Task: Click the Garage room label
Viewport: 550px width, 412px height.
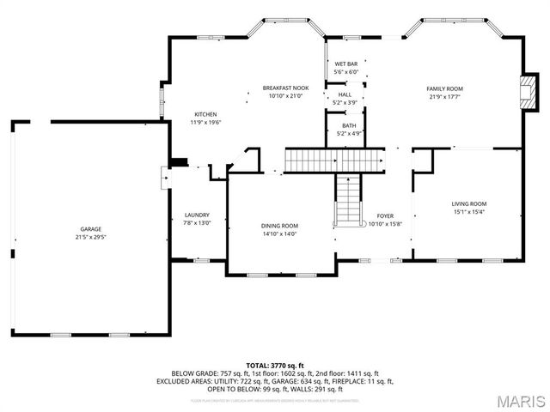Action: pos(91,229)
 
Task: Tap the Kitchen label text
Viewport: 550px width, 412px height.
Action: pos(205,114)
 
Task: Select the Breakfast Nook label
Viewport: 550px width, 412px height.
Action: pos(285,88)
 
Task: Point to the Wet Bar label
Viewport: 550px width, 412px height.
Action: pos(345,64)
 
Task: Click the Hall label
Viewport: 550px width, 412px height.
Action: pos(345,94)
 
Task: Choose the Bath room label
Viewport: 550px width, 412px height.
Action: pos(348,125)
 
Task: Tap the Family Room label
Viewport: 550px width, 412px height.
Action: pos(445,88)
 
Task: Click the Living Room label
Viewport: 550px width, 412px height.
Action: pos(469,203)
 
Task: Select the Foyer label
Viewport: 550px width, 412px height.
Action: pos(384,215)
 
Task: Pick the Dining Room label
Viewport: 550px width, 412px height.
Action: pos(279,226)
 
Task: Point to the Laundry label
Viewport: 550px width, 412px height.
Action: pos(197,215)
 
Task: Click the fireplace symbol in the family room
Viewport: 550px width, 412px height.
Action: pos(530,90)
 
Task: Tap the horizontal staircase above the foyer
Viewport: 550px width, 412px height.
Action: pos(334,159)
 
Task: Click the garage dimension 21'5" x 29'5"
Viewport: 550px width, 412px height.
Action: pos(91,237)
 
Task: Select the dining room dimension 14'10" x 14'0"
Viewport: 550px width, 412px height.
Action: pos(279,233)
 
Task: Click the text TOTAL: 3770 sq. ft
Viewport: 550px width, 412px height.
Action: pos(275,366)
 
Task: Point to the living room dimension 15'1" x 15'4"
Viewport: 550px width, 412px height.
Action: pos(469,211)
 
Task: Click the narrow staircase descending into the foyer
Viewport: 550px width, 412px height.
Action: pos(348,198)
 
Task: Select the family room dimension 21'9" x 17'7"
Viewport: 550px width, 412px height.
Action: pos(445,96)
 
